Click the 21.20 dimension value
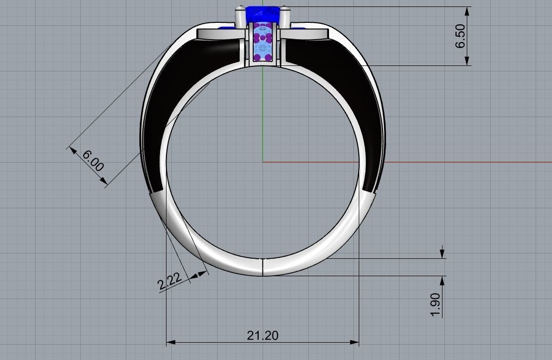point(263,336)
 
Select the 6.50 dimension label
point(460,36)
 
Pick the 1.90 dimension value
point(436,304)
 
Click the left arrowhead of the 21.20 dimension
point(170,342)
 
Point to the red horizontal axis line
point(446,162)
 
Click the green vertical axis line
point(263,114)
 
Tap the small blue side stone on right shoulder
point(299,29)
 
